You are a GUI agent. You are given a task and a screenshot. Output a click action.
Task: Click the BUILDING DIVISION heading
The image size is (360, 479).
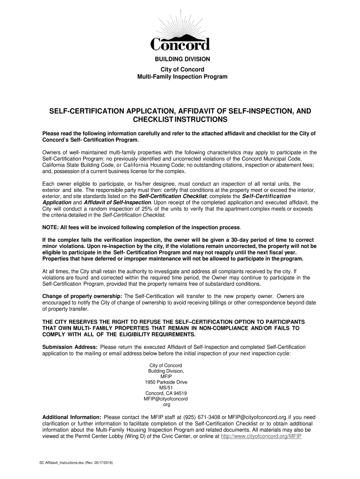(180, 59)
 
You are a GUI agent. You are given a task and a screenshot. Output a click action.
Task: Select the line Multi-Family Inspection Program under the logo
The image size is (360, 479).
(180, 76)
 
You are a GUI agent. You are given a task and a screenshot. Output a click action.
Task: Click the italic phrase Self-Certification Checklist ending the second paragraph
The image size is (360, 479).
(134, 215)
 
